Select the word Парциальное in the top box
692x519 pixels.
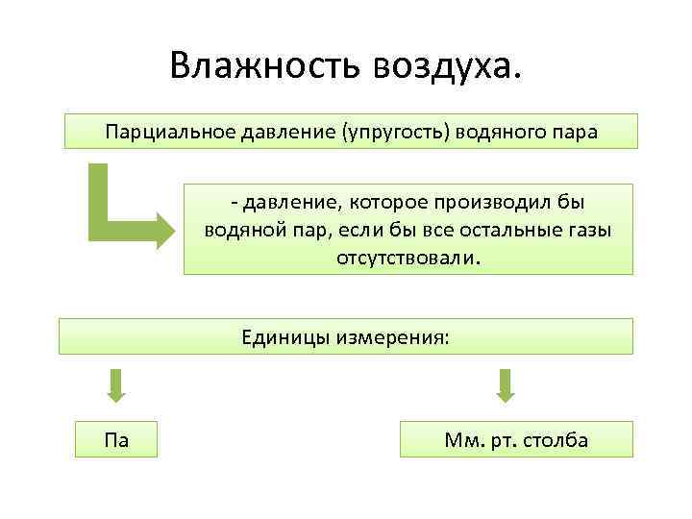click(158, 132)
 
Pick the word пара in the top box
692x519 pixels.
click(573, 132)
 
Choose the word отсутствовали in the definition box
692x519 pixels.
click(408, 259)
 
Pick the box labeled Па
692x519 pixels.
click(117, 440)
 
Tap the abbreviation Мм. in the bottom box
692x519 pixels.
click(461, 440)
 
